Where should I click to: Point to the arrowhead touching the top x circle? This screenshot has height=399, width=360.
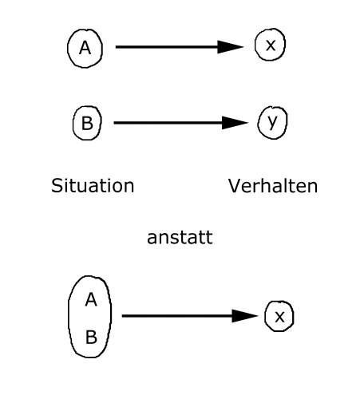click(x=231, y=47)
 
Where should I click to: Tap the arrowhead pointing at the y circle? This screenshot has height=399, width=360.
click(x=235, y=123)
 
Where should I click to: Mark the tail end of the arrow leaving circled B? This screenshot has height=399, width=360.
click(x=114, y=123)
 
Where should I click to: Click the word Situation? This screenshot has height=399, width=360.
click(x=93, y=185)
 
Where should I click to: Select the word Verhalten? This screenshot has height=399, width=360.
click(x=273, y=186)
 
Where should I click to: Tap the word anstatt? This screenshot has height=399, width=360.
click(x=180, y=237)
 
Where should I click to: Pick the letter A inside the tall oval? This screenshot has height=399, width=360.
click(x=91, y=299)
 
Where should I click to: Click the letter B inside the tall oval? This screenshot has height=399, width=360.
click(x=91, y=337)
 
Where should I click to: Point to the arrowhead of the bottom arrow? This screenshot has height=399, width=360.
click(x=245, y=316)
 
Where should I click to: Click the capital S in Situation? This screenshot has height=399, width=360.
click(x=57, y=186)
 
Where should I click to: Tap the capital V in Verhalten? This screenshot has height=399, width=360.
click(x=235, y=186)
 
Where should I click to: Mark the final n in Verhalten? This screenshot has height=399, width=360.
click(x=313, y=188)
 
